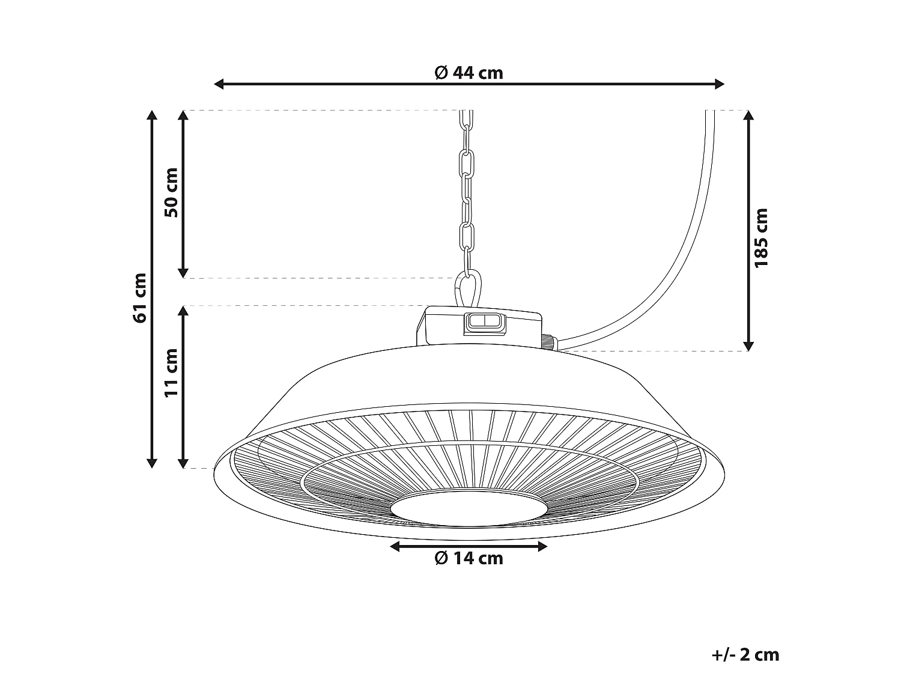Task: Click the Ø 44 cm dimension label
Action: (469, 73)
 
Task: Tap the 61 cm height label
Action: (140, 297)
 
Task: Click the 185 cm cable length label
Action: (761, 238)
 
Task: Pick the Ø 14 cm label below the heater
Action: (469, 558)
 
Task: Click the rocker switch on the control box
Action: (484, 322)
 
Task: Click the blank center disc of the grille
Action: (469, 508)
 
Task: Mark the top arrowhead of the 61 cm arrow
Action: (152, 115)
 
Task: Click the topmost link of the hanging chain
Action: (467, 119)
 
